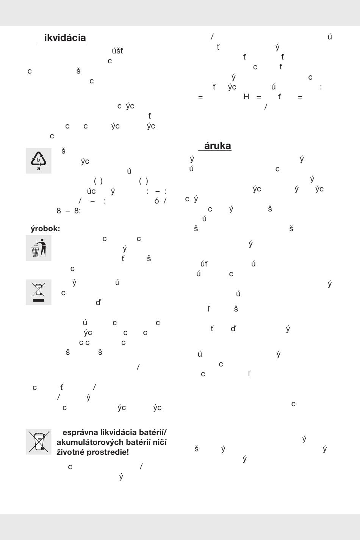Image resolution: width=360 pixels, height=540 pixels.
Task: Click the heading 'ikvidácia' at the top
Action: (x=65, y=38)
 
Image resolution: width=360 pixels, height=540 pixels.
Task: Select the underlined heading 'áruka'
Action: (x=218, y=146)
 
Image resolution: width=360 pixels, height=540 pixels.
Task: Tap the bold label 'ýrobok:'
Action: (x=45, y=229)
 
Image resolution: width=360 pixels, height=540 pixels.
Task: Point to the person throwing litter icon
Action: (x=39, y=248)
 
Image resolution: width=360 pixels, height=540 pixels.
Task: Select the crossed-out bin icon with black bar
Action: (x=38, y=292)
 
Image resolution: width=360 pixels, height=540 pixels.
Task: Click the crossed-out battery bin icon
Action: (x=38, y=441)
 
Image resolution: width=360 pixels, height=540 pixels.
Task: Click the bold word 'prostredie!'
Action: (x=110, y=452)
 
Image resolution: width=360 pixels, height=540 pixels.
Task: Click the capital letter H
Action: (x=246, y=97)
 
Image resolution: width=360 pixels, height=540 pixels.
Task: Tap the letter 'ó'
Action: (x=157, y=201)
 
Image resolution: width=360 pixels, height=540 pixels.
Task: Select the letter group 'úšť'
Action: (x=117, y=51)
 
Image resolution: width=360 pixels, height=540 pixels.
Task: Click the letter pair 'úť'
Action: (x=204, y=264)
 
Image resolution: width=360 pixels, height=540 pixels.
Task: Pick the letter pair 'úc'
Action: (x=91, y=191)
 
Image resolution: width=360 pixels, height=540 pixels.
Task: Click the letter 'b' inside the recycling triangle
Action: (x=38, y=160)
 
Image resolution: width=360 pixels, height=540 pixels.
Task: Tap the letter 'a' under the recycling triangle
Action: (x=38, y=169)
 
